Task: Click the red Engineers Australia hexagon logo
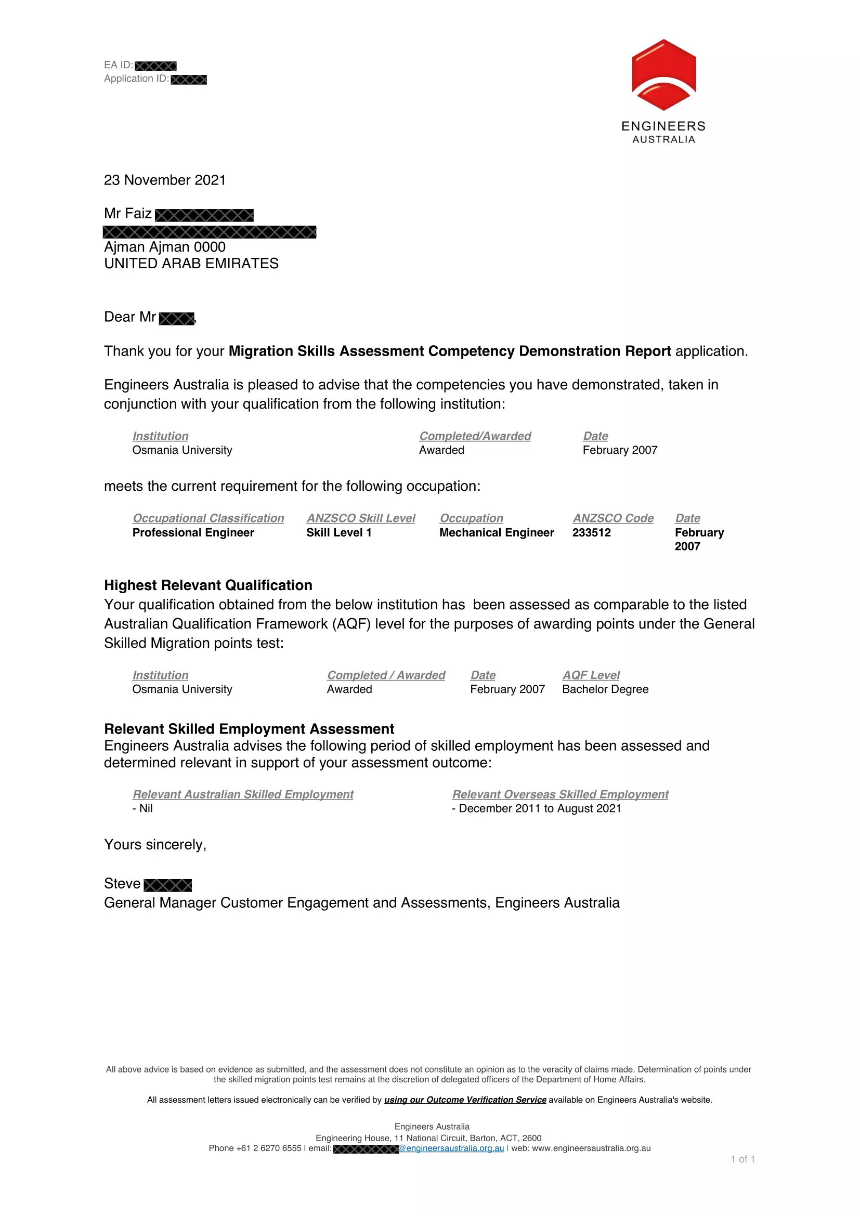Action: tap(663, 75)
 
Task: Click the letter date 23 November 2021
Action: tap(165, 180)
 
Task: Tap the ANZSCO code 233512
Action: tap(592, 533)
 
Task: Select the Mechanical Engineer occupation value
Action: tap(496, 533)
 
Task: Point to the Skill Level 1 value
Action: tap(339, 533)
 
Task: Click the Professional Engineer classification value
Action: tap(193, 533)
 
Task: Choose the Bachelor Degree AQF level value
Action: tap(605, 689)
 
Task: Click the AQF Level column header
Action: tap(591, 675)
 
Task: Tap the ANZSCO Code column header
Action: tap(613, 518)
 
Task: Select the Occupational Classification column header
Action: tap(208, 518)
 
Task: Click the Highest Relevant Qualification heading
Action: tap(208, 585)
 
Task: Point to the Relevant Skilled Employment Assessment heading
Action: tap(249, 729)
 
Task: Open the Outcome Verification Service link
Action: tap(465, 1100)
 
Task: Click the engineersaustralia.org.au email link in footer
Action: tap(451, 1148)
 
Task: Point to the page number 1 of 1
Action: tap(742, 1159)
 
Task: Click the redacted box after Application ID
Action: tap(189, 80)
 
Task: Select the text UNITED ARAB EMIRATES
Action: tap(191, 264)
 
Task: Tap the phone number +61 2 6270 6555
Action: tap(268, 1148)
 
